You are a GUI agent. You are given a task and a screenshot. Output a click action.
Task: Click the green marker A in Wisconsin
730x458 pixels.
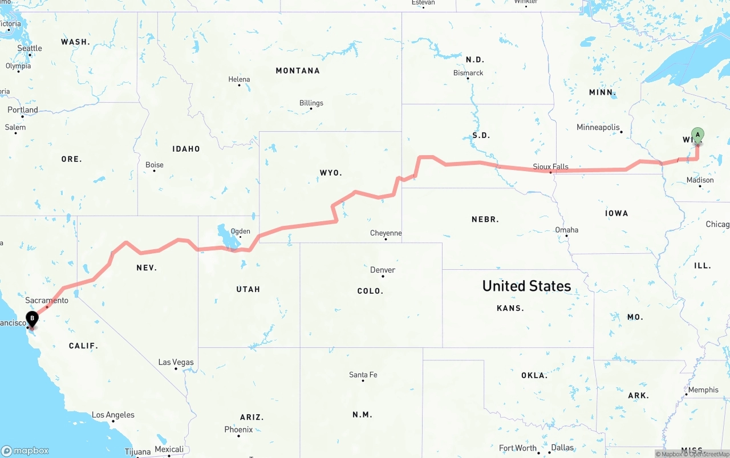coord(697,135)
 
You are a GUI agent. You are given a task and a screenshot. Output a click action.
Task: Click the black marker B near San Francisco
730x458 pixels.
coord(33,318)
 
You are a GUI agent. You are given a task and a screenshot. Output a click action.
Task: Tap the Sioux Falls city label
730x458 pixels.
coord(550,167)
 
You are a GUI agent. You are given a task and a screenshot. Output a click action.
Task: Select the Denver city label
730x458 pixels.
coord(382,270)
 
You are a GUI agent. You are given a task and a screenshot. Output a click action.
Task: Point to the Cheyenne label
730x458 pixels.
coord(386,233)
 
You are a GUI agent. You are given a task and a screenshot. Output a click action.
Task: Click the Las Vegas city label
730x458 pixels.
coord(176,362)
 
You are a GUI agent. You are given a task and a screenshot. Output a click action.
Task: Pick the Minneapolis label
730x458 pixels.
coord(598,127)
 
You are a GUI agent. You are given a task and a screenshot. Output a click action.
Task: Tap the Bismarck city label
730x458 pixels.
coord(468,73)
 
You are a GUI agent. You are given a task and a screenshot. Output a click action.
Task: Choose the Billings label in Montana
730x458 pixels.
coord(311,103)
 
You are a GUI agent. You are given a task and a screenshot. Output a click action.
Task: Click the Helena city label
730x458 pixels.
coord(239,79)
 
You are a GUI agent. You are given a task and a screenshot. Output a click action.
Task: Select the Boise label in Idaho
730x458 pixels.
coord(154,165)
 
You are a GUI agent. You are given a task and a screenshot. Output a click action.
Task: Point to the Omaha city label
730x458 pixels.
coord(566,230)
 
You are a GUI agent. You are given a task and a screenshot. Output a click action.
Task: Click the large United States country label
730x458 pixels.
coord(526,286)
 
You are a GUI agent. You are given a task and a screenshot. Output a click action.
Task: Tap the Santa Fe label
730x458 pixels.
coord(363,375)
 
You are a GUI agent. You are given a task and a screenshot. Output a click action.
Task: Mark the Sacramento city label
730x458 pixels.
coord(47,300)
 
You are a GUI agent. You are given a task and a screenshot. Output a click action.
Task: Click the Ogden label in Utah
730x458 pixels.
coord(240,232)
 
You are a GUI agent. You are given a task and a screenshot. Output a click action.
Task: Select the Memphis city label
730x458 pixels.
coord(703,390)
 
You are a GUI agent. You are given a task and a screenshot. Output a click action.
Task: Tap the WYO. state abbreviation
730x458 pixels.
coord(331,172)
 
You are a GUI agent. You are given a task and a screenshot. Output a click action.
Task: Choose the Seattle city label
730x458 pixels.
coord(30,48)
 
